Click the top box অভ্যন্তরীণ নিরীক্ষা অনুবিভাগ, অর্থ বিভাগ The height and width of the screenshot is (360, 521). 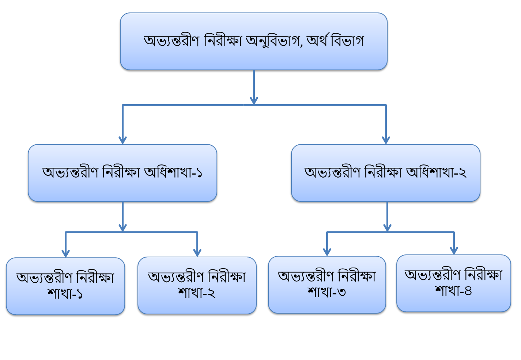253,41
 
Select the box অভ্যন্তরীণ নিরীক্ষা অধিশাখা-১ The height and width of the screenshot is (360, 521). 122,173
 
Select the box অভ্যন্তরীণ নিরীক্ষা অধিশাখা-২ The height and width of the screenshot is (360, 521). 385,173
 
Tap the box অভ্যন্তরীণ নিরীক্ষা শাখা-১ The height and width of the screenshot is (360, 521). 65,286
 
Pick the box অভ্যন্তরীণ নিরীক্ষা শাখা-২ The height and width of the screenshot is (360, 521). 197,285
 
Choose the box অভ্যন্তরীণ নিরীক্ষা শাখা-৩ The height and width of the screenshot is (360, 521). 327,284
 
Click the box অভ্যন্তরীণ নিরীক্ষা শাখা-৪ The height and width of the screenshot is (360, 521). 453,283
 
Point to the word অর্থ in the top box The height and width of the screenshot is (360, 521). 317,40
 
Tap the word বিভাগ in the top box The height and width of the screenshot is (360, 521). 347,41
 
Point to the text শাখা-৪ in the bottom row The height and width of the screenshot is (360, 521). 453,291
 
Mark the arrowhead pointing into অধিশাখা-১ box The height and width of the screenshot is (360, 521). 122,140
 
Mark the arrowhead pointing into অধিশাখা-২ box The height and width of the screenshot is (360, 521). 386,140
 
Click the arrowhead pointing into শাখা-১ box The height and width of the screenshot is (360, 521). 65,253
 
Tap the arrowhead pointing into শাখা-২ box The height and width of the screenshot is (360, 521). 197,252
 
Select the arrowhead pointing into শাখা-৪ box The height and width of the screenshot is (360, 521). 454,250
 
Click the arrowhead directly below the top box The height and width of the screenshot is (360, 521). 254,100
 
